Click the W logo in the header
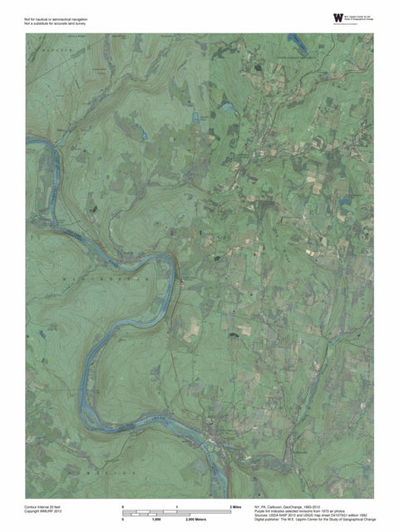337,17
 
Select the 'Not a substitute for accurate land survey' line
55,22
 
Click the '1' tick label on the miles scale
177,505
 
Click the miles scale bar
177,510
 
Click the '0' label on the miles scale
123,505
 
